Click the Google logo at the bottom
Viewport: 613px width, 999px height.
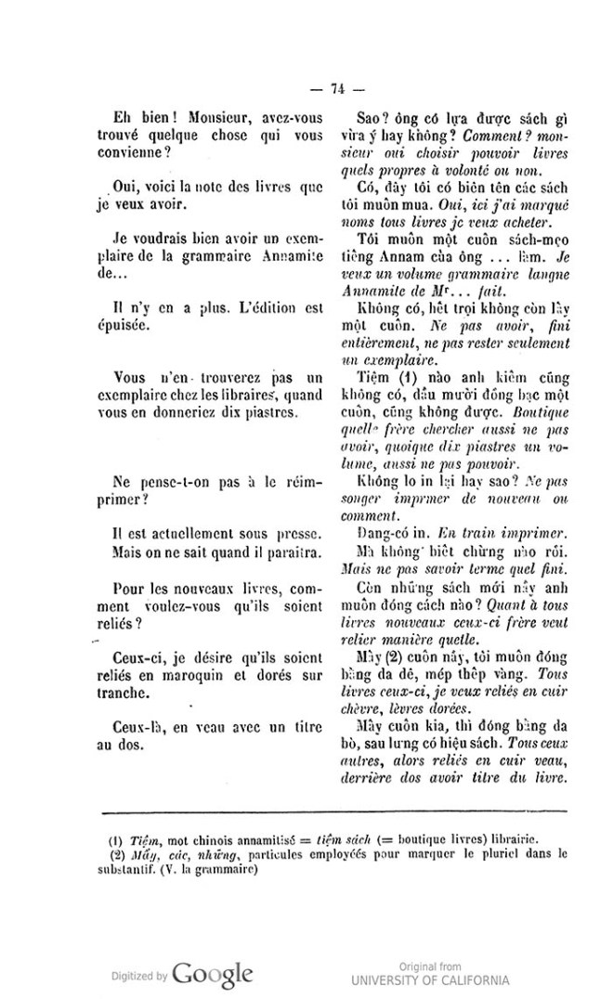pyautogui.click(x=212, y=974)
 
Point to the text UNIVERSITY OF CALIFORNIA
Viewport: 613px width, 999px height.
pyautogui.click(x=429, y=980)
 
